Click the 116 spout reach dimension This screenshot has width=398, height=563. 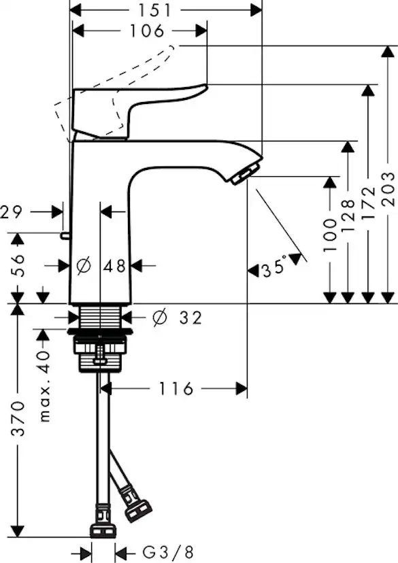click(176, 389)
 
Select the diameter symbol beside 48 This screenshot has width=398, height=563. click(84, 266)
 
